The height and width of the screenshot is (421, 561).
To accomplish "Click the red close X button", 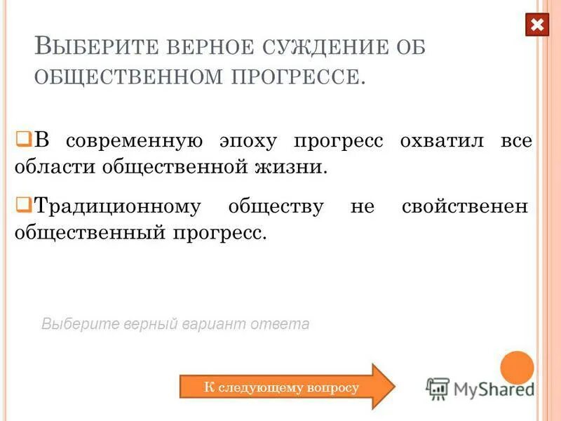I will coord(537,26).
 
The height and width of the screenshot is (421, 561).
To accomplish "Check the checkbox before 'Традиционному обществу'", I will coord(22,204).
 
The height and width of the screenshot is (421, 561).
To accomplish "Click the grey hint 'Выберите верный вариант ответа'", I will coord(175,324).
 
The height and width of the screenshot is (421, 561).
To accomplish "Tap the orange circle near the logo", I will coord(518,368).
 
